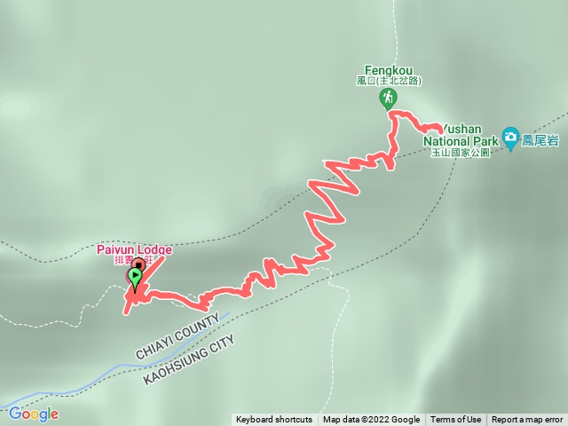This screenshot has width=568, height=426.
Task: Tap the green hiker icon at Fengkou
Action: point(389,98)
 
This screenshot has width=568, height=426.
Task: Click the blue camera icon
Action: point(510,136)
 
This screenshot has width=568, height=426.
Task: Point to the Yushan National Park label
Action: point(461,134)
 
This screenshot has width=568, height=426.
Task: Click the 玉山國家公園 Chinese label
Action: point(460,153)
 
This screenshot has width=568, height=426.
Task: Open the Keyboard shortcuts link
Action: point(274,420)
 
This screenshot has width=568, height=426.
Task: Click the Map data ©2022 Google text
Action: point(371,420)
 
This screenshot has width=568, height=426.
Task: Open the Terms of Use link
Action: point(456,420)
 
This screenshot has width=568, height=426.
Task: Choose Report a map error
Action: point(527,420)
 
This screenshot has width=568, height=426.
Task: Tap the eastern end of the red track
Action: point(440,130)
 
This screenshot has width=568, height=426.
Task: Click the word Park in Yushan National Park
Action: point(485,140)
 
